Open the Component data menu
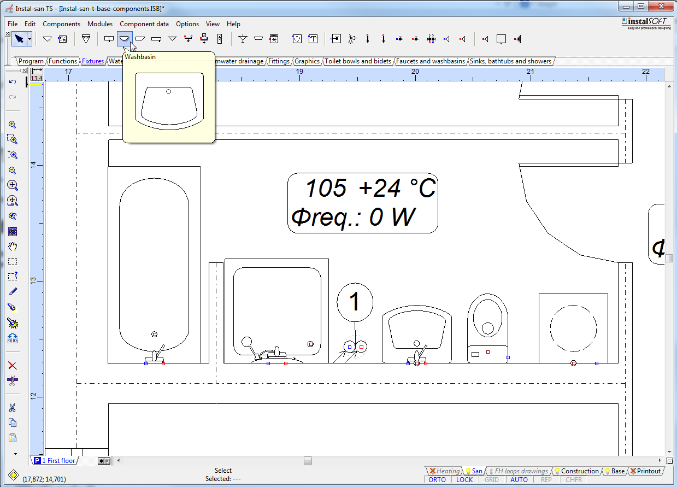click(144, 24)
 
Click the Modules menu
click(100, 24)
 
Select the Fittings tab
click(279, 61)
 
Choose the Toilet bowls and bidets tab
click(357, 61)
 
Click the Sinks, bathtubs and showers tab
click(510, 61)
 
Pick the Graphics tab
click(307, 61)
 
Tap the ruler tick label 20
click(415, 72)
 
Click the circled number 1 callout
click(355, 302)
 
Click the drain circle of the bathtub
click(154, 335)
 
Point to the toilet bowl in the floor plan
click(487, 328)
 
